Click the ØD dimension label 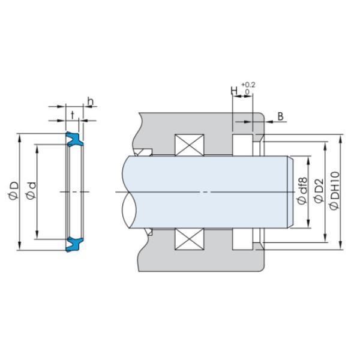(14, 191)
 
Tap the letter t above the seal (73, 113)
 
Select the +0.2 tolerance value (247, 85)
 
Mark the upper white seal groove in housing (242, 145)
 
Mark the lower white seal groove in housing (242, 239)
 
